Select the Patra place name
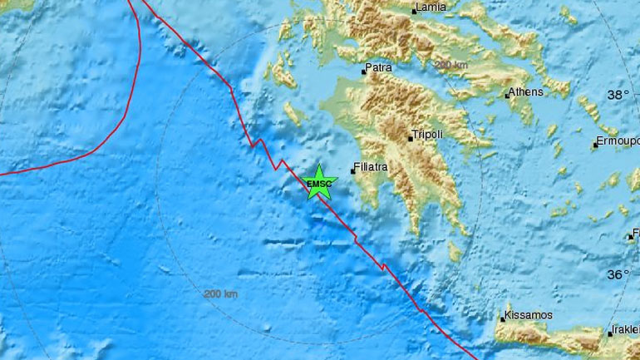click(380, 71)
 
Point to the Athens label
click(525, 92)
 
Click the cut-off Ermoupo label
click(619, 142)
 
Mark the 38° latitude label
click(618, 96)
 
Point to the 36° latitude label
click(618, 274)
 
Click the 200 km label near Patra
click(453, 65)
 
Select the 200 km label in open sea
click(220, 293)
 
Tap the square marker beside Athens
click(507, 96)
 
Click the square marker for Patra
click(363, 72)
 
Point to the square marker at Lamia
click(414, 12)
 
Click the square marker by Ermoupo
click(596, 145)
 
